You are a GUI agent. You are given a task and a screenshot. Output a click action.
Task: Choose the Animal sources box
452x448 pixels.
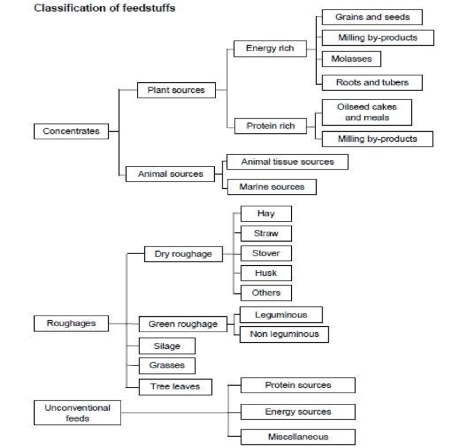(x=170, y=174)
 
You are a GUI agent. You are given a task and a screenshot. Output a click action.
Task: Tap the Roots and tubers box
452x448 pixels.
(x=372, y=82)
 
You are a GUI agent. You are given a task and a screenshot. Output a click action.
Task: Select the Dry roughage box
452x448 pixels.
(x=178, y=255)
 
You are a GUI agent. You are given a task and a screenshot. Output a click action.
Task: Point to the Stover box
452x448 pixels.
(x=265, y=253)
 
